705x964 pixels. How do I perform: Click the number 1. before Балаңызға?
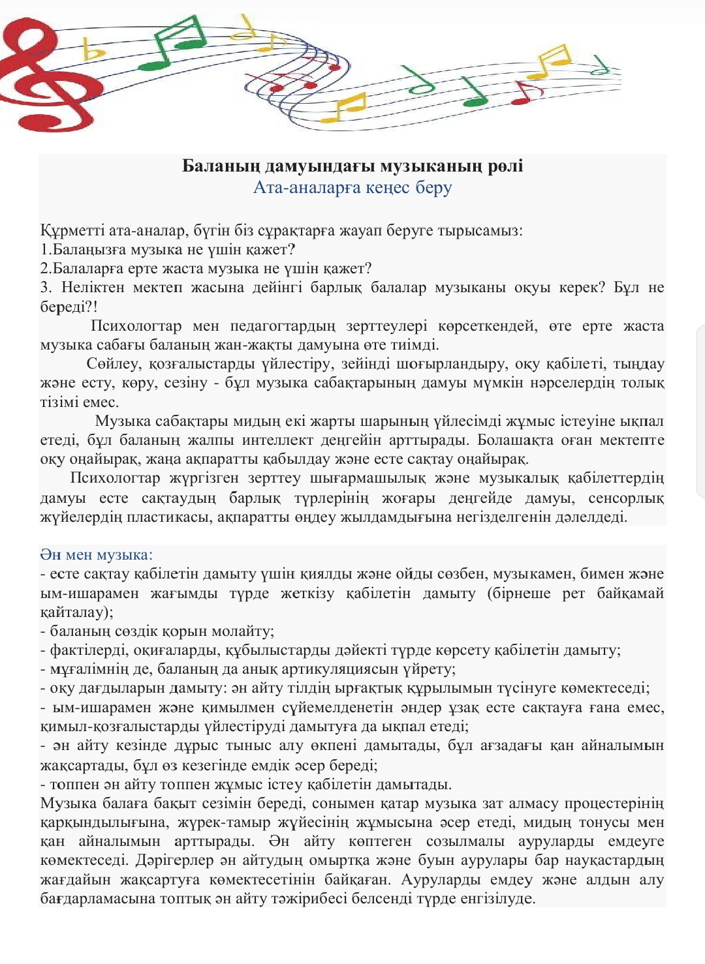46,249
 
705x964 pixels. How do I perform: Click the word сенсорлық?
626,498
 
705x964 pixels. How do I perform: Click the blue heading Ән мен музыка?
96,555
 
